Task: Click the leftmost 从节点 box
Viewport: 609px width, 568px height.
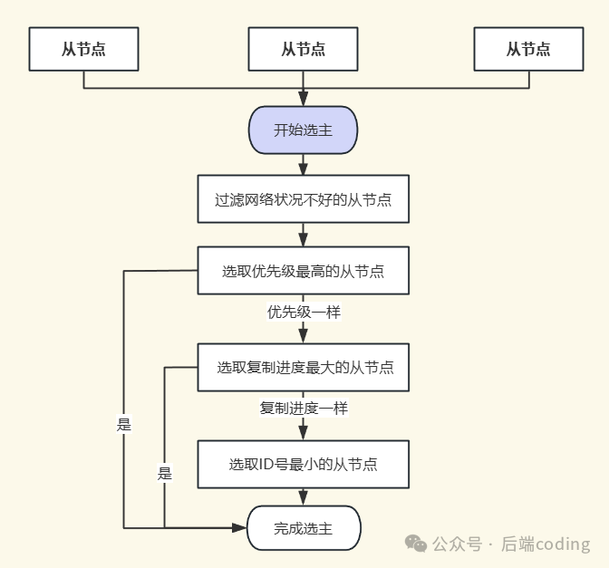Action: click(x=83, y=49)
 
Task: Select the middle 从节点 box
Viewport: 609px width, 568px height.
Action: click(x=303, y=49)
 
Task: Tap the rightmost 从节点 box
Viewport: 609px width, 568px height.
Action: click(x=527, y=49)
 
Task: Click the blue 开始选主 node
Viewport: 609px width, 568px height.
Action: click(x=303, y=130)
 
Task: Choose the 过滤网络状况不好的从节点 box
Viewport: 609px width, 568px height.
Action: click(x=303, y=199)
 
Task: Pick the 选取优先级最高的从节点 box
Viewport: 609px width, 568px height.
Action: click(x=303, y=271)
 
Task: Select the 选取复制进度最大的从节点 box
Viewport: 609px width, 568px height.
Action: click(x=303, y=368)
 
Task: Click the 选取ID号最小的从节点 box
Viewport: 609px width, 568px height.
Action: click(x=303, y=464)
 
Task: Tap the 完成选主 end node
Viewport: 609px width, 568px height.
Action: click(x=303, y=528)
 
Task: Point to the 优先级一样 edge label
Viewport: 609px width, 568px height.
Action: click(x=303, y=312)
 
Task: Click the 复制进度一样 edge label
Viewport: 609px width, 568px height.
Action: click(x=303, y=408)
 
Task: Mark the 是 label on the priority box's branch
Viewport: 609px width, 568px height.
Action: click(x=124, y=424)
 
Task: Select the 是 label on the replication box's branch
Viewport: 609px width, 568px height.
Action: click(x=164, y=473)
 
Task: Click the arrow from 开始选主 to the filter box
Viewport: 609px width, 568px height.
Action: click(x=303, y=164)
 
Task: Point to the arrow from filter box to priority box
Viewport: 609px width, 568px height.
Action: click(x=303, y=234)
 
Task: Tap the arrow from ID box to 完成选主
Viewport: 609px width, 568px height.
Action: click(x=303, y=496)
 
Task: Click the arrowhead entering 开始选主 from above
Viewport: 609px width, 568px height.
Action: click(x=303, y=101)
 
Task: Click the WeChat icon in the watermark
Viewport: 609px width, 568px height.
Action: click(x=416, y=544)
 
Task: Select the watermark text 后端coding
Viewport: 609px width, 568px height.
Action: click(x=545, y=544)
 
